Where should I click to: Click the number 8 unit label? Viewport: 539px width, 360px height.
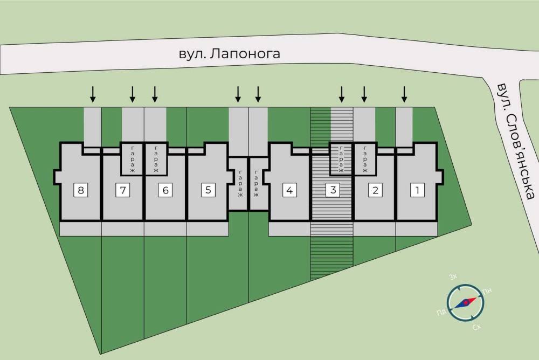click(x=80, y=190)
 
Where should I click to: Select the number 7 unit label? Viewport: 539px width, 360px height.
click(x=123, y=190)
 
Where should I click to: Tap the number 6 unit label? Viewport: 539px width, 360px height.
click(x=165, y=190)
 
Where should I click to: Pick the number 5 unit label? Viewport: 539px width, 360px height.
click(x=208, y=190)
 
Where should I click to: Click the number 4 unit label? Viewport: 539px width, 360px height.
click(x=290, y=190)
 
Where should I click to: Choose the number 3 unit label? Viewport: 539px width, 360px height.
click(x=333, y=190)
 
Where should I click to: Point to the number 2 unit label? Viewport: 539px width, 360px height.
click(x=375, y=190)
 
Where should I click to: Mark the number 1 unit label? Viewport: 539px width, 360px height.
click(x=417, y=190)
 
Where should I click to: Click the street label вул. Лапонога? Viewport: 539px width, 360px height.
click(x=230, y=54)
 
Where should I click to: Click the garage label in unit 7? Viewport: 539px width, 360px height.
click(x=133, y=159)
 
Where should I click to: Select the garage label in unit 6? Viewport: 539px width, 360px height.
click(x=156, y=159)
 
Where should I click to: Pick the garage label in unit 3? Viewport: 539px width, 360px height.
click(x=341, y=159)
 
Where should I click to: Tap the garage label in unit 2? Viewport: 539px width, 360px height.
click(x=364, y=159)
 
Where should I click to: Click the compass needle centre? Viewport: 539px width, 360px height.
click(x=464, y=303)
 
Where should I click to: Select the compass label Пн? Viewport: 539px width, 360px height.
click(x=487, y=292)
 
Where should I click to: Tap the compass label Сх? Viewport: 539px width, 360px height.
click(x=476, y=327)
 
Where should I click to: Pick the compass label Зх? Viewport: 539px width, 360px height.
click(x=453, y=277)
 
